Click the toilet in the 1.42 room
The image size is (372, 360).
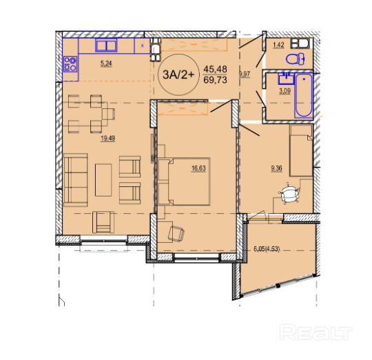click(x=296, y=59)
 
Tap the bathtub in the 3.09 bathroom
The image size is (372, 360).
click(x=304, y=95)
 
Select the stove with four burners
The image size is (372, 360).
click(x=70, y=64)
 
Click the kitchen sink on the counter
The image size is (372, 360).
click(x=106, y=45)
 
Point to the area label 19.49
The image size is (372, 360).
click(x=107, y=138)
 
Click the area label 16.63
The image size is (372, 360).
click(x=198, y=168)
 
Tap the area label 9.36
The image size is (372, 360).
click(x=277, y=168)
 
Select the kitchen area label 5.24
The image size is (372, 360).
click(x=106, y=63)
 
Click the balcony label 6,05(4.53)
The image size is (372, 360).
click(x=267, y=249)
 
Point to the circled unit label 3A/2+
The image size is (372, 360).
click(x=178, y=74)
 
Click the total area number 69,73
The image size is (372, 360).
click(x=215, y=80)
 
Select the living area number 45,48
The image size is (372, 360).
click(x=215, y=69)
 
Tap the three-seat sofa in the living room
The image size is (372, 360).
click(x=76, y=180)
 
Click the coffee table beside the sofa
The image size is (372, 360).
click(x=103, y=180)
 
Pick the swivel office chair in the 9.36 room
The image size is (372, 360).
click(x=289, y=193)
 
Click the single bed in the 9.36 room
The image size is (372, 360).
click(x=301, y=150)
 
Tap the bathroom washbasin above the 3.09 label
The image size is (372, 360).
click(x=287, y=79)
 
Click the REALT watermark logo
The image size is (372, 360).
click(x=316, y=332)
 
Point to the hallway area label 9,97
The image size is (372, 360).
click(x=245, y=74)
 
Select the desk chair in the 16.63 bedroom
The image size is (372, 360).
click(x=176, y=234)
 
